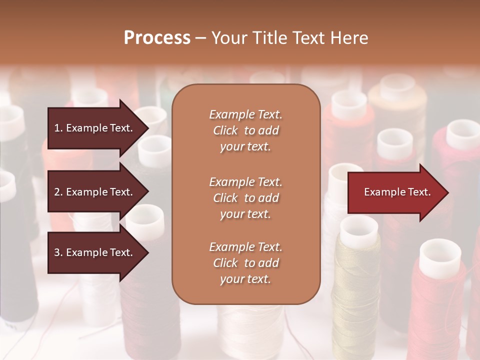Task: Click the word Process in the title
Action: [x=157, y=38]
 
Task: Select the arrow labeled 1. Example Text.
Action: [x=95, y=128]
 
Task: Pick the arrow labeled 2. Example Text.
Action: [x=95, y=192]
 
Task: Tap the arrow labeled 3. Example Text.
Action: [x=95, y=252]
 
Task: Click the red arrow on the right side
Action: [x=395, y=192]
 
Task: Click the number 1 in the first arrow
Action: [x=57, y=128]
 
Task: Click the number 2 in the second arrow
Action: [x=57, y=192]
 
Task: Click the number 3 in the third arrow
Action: [x=57, y=252]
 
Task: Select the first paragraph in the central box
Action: [x=245, y=130]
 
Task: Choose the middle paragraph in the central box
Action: [x=245, y=198]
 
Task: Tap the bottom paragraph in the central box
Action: [x=245, y=263]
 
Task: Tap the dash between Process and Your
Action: [x=200, y=38]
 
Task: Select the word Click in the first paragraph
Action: [x=225, y=130]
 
